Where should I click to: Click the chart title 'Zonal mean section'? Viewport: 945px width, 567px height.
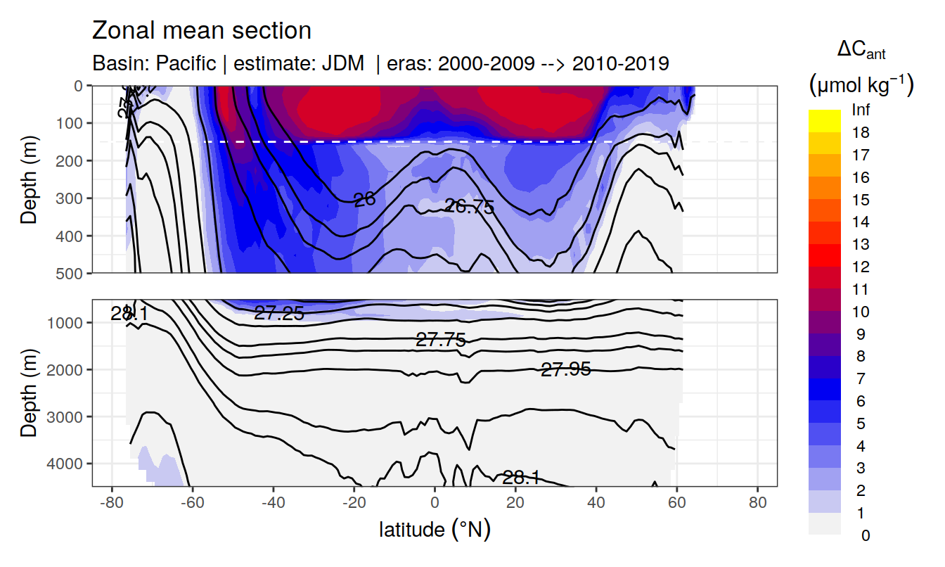tap(202, 31)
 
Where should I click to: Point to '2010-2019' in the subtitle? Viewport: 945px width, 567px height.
tap(620, 64)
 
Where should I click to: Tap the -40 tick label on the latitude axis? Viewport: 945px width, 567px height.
tap(273, 504)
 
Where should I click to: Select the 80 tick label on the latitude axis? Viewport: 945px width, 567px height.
tap(757, 504)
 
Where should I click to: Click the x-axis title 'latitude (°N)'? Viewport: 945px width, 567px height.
tap(435, 529)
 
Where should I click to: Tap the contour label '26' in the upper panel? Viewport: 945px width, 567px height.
tap(364, 200)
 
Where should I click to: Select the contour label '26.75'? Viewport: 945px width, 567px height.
tap(470, 207)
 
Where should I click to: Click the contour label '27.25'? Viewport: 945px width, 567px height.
tap(279, 314)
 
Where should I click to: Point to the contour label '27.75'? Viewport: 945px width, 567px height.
tap(441, 340)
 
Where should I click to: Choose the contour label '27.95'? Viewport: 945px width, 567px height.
tap(565, 369)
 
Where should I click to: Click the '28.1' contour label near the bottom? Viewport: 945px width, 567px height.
tap(521, 478)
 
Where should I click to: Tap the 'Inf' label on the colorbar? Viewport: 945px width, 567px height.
tap(861, 110)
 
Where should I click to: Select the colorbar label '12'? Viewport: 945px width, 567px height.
tap(861, 267)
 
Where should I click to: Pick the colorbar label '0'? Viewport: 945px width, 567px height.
tap(865, 535)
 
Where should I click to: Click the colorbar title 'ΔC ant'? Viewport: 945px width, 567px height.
tap(861, 51)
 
